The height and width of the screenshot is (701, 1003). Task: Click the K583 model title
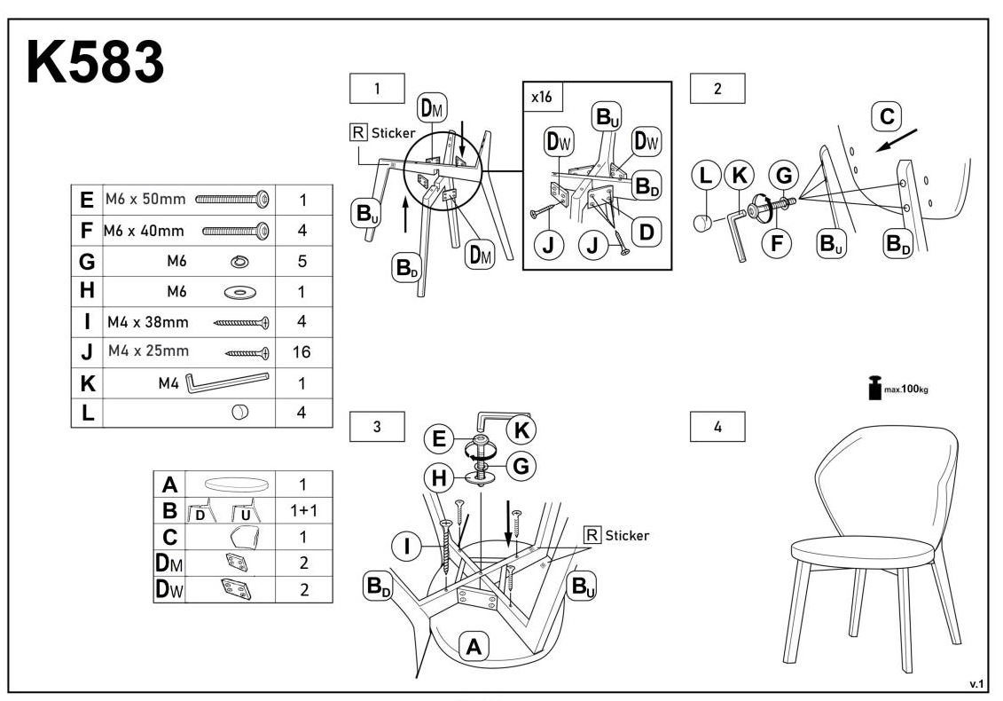[96, 63]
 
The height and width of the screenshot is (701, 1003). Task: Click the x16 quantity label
[541, 98]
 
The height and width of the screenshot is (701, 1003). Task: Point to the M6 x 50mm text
[145, 200]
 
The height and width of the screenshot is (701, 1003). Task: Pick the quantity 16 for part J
[302, 352]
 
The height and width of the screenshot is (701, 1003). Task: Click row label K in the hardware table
[87, 383]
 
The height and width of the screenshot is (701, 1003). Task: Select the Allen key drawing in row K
[227, 382]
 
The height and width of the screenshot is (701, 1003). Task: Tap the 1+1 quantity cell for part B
[302, 511]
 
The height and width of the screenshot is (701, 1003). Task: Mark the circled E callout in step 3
[435, 437]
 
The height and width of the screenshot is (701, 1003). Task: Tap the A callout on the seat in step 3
[474, 648]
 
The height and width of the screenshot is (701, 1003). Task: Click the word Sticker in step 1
[393, 133]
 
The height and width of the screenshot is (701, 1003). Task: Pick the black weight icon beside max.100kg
[875, 388]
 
